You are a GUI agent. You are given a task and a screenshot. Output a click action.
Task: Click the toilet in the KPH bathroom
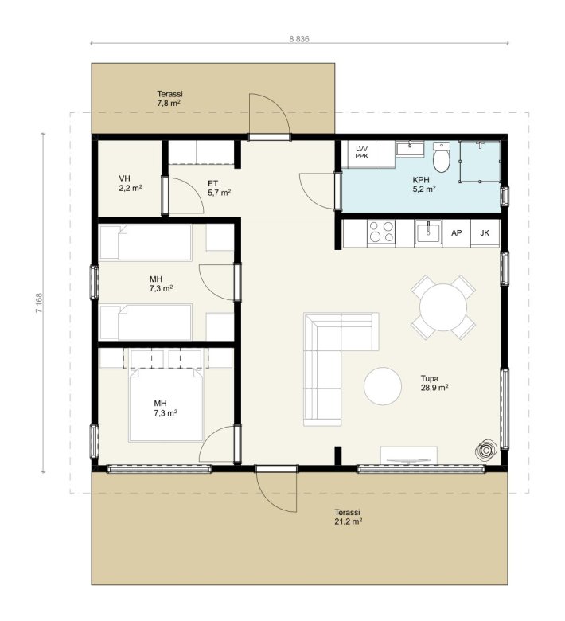click(442, 157)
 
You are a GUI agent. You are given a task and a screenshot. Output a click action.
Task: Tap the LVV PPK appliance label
click(361, 153)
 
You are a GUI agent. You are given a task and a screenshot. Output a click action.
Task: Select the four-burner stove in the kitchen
click(381, 232)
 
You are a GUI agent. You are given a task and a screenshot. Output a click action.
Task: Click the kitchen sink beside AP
click(428, 232)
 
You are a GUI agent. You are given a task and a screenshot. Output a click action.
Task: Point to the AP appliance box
click(457, 233)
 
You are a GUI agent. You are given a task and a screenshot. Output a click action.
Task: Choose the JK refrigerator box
click(485, 233)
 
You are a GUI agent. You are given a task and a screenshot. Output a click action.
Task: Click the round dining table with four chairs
click(443, 307)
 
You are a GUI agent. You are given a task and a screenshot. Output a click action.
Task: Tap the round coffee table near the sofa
click(383, 386)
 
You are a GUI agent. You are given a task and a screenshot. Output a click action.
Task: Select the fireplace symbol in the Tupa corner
click(485, 450)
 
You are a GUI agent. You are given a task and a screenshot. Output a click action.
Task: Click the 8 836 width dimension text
click(299, 39)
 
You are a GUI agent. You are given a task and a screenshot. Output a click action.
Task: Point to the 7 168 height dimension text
click(39, 303)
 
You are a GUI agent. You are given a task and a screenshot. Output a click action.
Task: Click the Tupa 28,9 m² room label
click(434, 383)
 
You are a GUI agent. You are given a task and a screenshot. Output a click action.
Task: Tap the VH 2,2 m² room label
click(131, 183)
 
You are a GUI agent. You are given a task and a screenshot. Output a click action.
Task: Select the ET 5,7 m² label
click(220, 188)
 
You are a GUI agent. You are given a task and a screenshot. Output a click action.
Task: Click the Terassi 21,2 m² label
click(349, 517)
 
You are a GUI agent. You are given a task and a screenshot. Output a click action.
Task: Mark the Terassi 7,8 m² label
click(169, 99)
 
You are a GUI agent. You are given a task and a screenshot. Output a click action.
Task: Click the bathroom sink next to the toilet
click(409, 149)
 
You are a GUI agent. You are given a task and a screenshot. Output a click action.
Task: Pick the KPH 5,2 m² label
click(424, 185)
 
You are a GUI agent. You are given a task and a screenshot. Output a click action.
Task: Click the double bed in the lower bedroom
click(166, 405)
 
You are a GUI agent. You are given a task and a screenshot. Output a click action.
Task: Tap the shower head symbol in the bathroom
click(480, 144)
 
